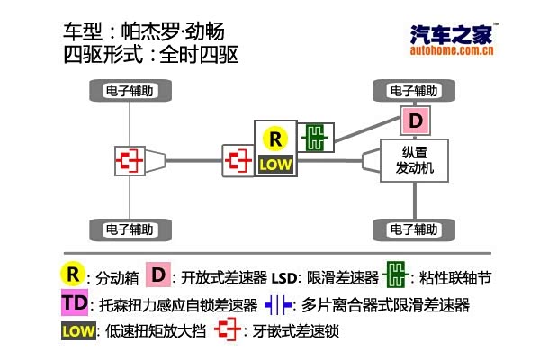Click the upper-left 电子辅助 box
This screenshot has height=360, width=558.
point(131,91)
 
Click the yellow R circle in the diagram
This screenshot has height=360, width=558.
point(274,139)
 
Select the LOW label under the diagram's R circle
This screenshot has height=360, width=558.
point(274,165)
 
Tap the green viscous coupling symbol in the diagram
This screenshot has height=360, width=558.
point(316,138)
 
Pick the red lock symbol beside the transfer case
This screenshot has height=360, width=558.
point(238,161)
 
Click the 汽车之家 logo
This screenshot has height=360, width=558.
point(452,35)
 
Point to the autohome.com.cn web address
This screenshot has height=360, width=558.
point(452,52)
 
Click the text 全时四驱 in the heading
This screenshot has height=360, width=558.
point(198,55)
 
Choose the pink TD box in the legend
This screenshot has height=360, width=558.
point(76,302)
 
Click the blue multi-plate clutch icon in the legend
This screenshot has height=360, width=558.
point(277,305)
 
